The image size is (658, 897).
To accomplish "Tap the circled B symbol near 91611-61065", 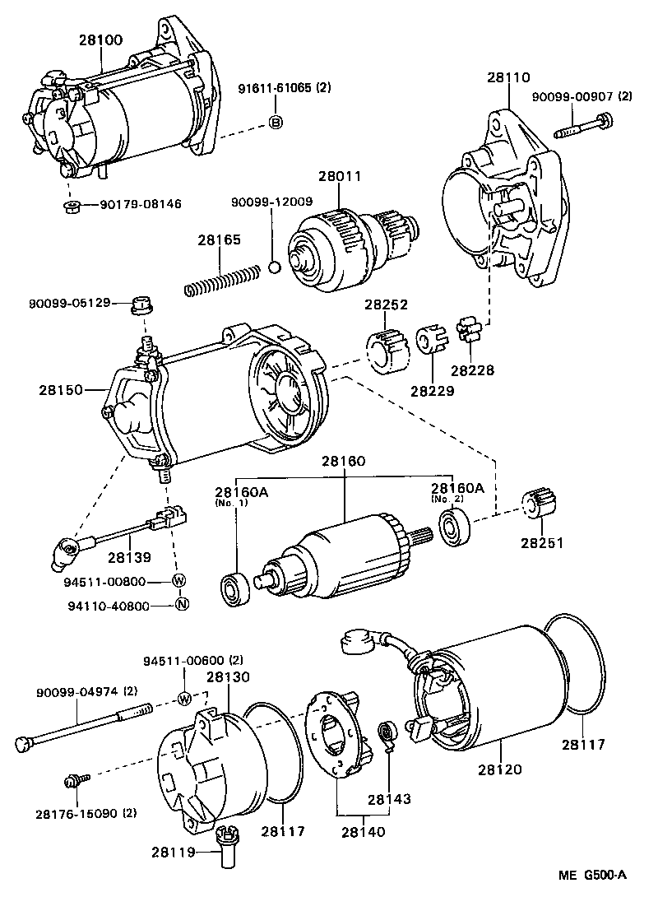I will tap(276, 123).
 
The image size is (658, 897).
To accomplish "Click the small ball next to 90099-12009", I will tap(276, 267).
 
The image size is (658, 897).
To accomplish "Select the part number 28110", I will tap(507, 77).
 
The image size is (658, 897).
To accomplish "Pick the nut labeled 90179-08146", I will tap(72, 204).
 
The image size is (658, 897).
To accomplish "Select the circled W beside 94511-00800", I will tap(179, 581).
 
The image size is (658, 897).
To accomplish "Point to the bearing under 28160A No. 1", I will tap(236, 588).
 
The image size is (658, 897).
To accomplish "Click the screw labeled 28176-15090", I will tap(73, 778).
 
